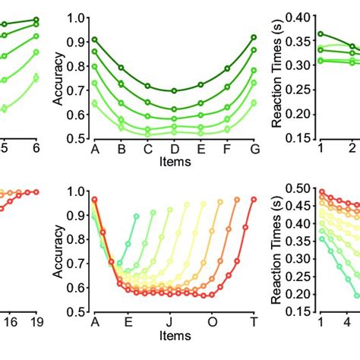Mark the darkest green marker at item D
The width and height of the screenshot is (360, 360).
point(174,90)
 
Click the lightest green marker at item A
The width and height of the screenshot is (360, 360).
point(94,103)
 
